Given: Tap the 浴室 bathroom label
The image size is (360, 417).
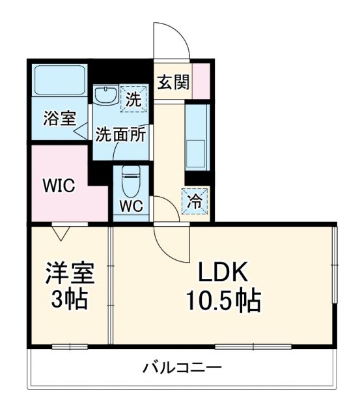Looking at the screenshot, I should coord(59,119).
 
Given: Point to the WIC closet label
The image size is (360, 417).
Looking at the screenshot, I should coord(59,185).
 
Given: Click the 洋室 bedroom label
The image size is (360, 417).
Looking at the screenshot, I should coord(70,273).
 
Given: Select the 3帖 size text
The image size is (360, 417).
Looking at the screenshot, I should coord(70,300).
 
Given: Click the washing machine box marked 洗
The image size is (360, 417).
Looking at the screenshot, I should coord(133,99).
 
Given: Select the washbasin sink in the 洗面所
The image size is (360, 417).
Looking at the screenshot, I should coord(105,96).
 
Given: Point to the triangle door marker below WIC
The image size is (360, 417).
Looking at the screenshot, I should coord(62,231).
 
